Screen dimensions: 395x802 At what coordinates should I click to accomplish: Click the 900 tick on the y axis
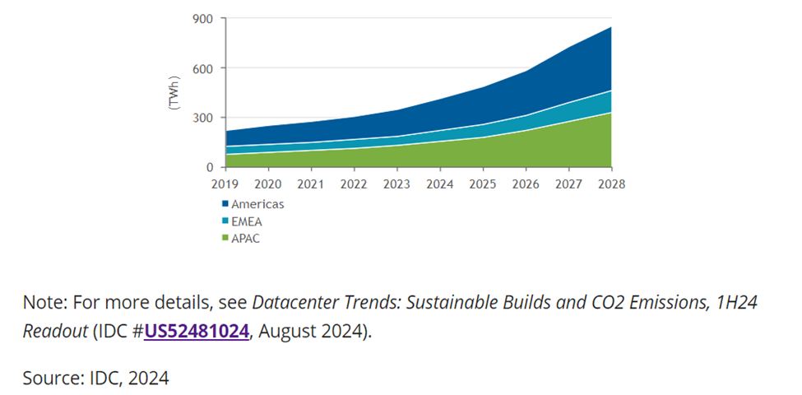(x=203, y=19)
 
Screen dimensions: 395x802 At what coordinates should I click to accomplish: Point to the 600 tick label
(x=203, y=68)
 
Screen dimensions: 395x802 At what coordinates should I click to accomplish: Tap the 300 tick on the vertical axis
(x=203, y=118)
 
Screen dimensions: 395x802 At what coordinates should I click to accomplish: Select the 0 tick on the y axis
(x=210, y=167)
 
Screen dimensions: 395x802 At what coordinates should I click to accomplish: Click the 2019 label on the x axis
(x=225, y=184)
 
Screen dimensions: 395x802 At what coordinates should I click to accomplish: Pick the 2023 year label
(x=397, y=184)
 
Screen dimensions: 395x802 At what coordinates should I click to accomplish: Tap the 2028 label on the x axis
(x=611, y=184)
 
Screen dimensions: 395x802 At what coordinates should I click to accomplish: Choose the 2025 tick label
(x=483, y=184)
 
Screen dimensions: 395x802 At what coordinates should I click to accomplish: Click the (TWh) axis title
(x=174, y=92)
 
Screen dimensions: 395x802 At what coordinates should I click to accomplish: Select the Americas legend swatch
(x=225, y=203)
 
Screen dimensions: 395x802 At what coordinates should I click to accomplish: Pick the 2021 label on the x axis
(x=311, y=184)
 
